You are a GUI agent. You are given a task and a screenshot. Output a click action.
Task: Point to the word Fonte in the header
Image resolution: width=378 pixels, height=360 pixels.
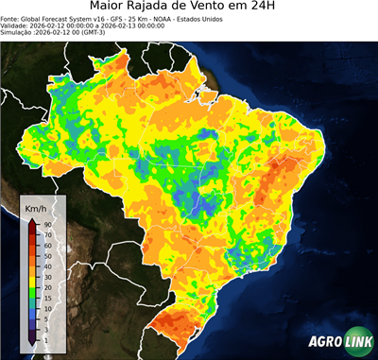pos(12,23)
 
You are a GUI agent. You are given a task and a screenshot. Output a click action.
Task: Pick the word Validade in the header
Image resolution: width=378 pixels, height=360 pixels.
pos(16,30)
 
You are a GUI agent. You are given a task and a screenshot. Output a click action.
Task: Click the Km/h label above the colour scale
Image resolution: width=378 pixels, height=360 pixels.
pos(36,207)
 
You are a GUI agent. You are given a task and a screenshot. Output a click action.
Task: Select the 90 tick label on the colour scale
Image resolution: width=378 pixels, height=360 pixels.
pos(46,224)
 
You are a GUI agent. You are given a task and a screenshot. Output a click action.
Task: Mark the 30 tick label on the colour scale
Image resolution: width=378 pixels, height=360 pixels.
pos(46,276)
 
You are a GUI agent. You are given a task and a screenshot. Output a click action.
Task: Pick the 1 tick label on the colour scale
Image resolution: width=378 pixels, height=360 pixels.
pos(45,338)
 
